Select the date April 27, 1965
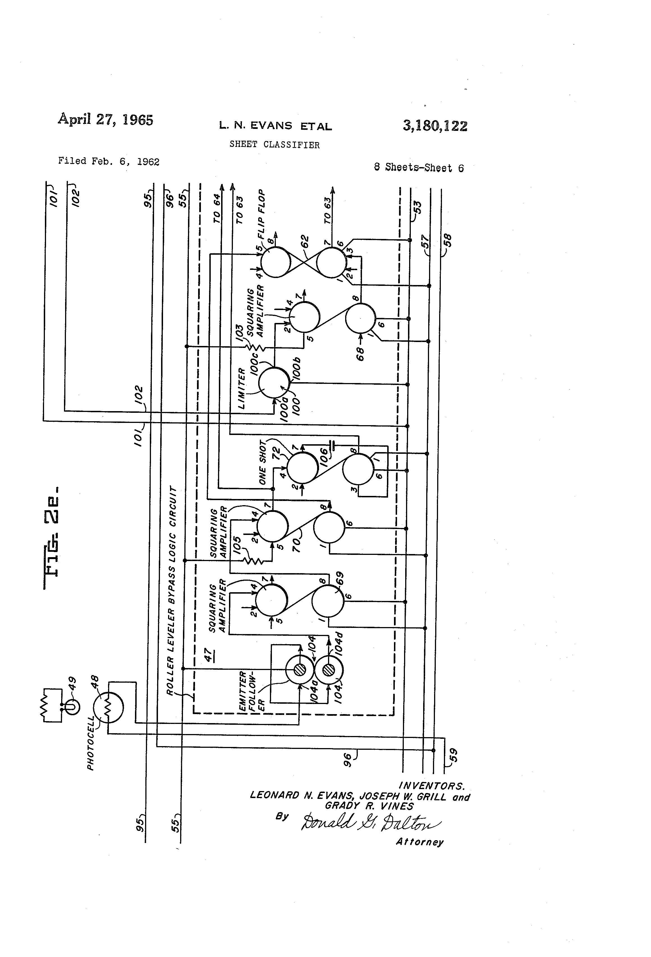(x=105, y=119)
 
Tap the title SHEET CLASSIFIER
(x=274, y=145)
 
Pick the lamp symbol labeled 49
(x=72, y=707)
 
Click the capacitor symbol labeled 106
(x=333, y=445)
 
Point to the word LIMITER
(x=242, y=388)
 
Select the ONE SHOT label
(x=263, y=463)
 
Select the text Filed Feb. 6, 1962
(x=109, y=161)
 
